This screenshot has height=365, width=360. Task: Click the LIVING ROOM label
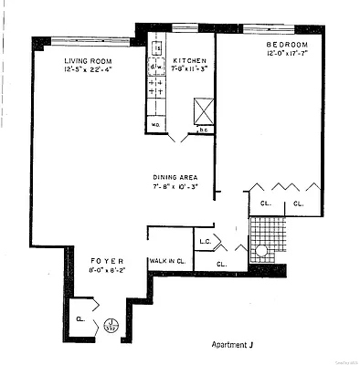click(x=88, y=61)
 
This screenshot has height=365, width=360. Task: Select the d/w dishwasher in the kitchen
click(x=154, y=66)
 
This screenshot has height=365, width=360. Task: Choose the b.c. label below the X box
click(x=205, y=130)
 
